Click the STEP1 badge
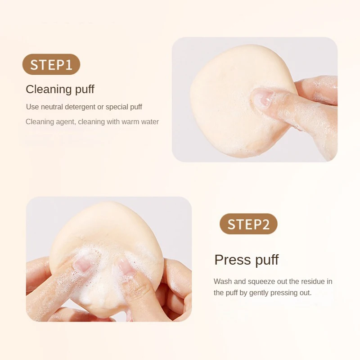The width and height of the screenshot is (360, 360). point(51,64)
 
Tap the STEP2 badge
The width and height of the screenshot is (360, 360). point(248,224)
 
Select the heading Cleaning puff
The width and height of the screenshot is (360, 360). point(60,89)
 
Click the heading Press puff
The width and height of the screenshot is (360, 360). point(246,260)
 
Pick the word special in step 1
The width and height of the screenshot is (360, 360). point(117,107)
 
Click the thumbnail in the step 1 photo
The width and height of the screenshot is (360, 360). point(263,98)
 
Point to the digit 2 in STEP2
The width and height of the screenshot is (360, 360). point(270,224)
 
